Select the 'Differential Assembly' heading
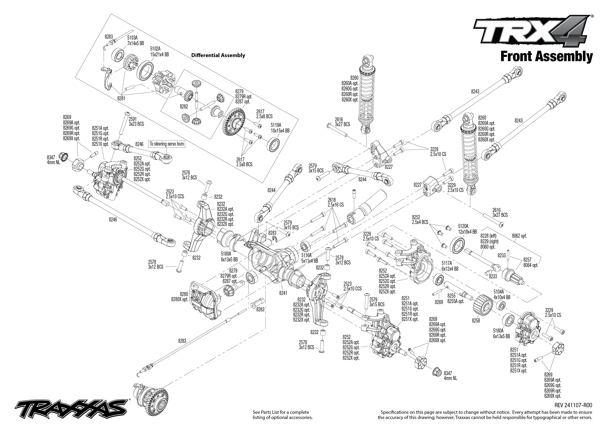(x=218, y=55)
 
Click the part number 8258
(x=476, y=320)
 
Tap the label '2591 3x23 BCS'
(x=136, y=121)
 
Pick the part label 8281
(x=121, y=98)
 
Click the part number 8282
(x=184, y=106)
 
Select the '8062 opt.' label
(x=519, y=236)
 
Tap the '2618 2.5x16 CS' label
(x=335, y=202)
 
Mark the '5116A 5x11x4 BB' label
(x=309, y=258)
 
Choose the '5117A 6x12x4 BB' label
(x=450, y=266)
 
